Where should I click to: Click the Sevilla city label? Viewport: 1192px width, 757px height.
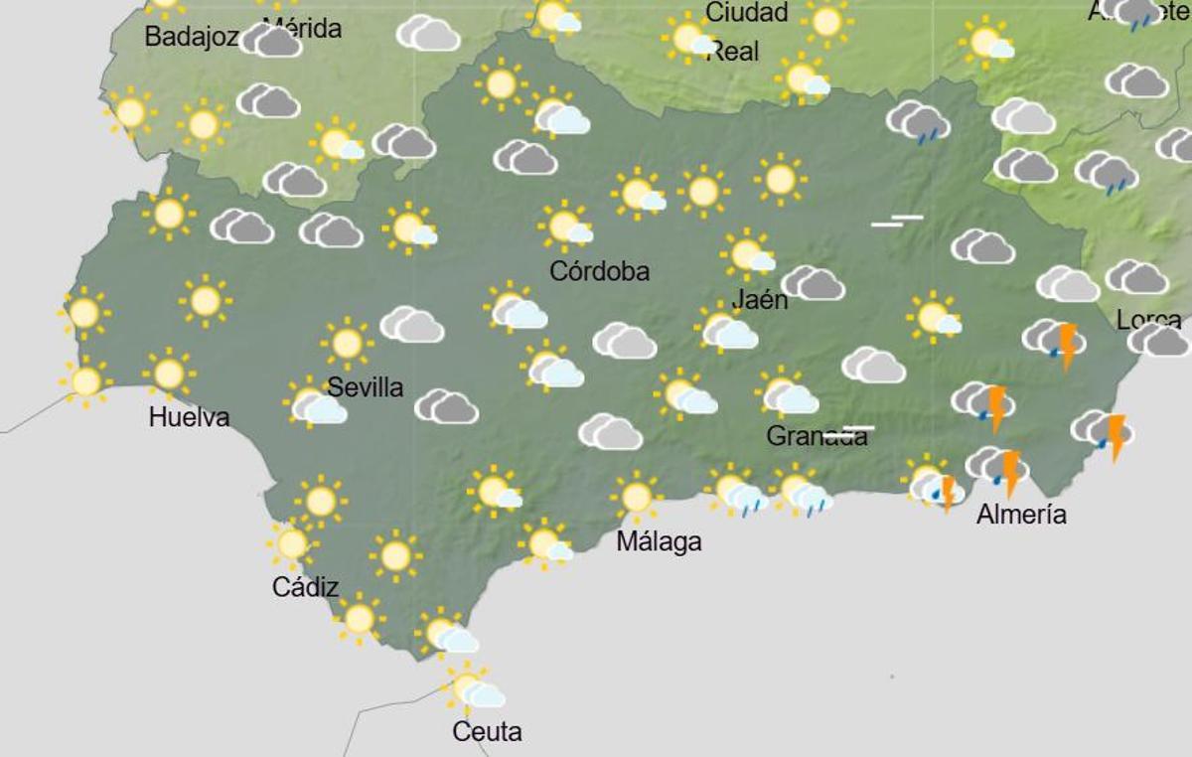pyautogui.click(x=365, y=386)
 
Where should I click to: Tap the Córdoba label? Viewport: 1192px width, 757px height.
pyautogui.click(x=599, y=270)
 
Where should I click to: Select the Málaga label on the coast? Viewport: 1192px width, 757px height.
pyautogui.click(x=659, y=541)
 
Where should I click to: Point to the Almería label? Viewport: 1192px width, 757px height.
pyautogui.click(x=1021, y=515)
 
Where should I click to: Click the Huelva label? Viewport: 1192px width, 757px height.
pyautogui.click(x=189, y=417)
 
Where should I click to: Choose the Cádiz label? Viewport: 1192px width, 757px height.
pyautogui.click(x=305, y=587)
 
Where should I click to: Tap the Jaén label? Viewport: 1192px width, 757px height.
pyautogui.click(x=759, y=299)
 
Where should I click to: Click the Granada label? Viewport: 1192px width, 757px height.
pyautogui.click(x=816, y=436)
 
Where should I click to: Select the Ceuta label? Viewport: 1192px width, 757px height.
pyautogui.click(x=487, y=732)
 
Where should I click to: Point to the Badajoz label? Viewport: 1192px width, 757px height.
pyautogui.click(x=191, y=37)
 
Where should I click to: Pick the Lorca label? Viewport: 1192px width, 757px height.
pyautogui.click(x=1148, y=320)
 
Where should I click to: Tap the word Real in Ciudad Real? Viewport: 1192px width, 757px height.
pyautogui.click(x=732, y=51)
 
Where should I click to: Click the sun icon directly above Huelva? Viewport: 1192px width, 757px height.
pyautogui.click(x=169, y=374)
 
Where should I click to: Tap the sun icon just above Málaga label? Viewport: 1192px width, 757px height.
pyautogui.click(x=636, y=497)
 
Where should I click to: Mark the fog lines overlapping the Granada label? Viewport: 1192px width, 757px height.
pyautogui.click(x=849, y=431)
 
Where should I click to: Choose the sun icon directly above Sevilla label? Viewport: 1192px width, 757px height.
pyautogui.click(x=347, y=343)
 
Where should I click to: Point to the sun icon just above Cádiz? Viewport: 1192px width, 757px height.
pyautogui.click(x=291, y=543)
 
